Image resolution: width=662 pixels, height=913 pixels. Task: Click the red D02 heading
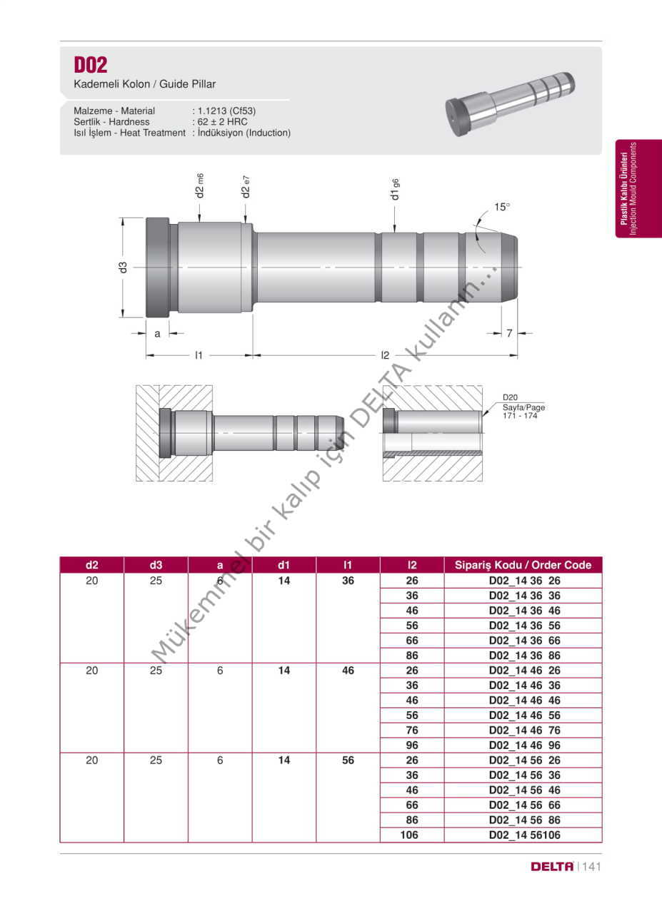click(x=91, y=64)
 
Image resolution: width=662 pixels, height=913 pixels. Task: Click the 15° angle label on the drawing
click(x=501, y=207)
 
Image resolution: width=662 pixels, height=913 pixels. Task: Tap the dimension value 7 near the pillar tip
click(x=509, y=333)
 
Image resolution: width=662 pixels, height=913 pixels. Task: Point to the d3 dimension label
click(x=123, y=267)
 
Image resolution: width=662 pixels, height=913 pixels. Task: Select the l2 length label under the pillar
click(x=385, y=355)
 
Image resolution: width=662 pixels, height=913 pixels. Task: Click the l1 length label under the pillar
click(x=199, y=355)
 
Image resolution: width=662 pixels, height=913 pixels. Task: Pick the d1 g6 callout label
click(x=395, y=189)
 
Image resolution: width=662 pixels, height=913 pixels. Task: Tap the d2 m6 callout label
click(x=199, y=185)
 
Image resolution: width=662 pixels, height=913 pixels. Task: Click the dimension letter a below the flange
click(x=157, y=333)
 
